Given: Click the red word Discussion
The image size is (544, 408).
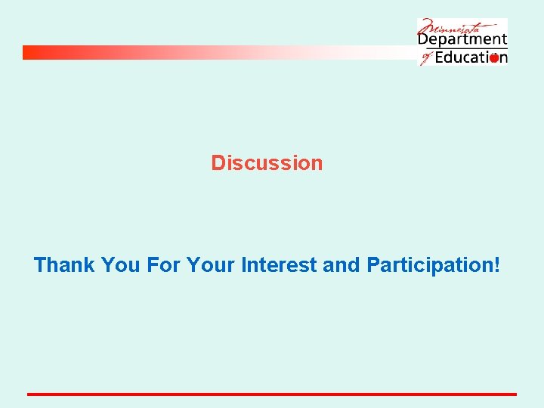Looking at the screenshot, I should pyautogui.click(x=267, y=163).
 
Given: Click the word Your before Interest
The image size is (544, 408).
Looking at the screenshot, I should pyautogui.click(x=211, y=265).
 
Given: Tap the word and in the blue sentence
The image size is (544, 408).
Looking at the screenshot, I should pyautogui.click(x=342, y=265).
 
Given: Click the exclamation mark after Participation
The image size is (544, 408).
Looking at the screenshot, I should pyautogui.click(x=496, y=265).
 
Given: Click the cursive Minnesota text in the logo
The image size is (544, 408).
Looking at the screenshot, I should pyautogui.click(x=453, y=27).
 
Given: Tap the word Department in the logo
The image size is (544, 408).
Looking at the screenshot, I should pyautogui.click(x=462, y=40).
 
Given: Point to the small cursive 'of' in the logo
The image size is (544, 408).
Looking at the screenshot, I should pyautogui.click(x=425, y=57).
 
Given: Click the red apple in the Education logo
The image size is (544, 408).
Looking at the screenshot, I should pyautogui.click(x=493, y=57).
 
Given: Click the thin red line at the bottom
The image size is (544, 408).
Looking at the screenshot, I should pyautogui.click(x=272, y=394).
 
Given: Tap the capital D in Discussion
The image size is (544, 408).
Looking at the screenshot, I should pyautogui.click(x=218, y=163).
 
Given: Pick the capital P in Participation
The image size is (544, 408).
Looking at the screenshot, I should pyautogui.click(x=373, y=265).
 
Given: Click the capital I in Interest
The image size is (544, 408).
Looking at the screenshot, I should pyautogui.click(x=243, y=265).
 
